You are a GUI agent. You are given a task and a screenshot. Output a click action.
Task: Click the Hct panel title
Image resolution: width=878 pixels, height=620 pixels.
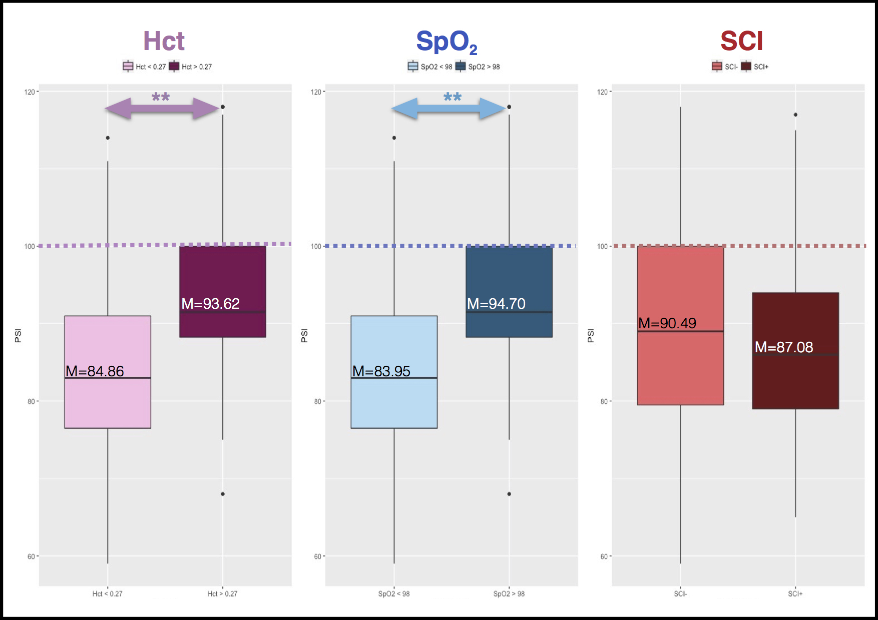(x=164, y=41)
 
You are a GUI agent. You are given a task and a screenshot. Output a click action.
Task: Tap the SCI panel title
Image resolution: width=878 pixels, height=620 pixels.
(x=741, y=41)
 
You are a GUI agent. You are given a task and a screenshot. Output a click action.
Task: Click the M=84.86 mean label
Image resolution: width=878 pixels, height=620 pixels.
(x=95, y=371)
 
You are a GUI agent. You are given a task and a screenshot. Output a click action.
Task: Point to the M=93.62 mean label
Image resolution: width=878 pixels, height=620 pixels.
(x=210, y=304)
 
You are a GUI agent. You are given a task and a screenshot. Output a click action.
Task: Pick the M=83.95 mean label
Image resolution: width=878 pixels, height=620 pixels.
(x=381, y=371)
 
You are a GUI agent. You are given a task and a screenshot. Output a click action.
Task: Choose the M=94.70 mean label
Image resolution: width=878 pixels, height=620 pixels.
(x=496, y=304)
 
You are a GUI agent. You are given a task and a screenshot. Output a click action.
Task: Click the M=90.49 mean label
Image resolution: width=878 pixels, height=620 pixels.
(x=667, y=323)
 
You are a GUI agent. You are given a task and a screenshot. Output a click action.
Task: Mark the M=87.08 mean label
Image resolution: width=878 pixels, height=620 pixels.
(x=784, y=347)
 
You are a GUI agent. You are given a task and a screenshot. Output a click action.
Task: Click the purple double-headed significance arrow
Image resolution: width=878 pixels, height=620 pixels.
(x=162, y=109)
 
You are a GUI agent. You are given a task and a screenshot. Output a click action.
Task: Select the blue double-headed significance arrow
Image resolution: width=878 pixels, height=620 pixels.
(x=449, y=109)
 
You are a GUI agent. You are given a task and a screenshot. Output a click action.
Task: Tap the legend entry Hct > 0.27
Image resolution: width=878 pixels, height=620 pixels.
(x=191, y=67)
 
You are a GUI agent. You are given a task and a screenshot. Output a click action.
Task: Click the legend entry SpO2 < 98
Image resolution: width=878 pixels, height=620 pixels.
(x=430, y=67)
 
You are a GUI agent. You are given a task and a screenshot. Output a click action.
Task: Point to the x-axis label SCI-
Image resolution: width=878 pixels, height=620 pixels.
(x=680, y=594)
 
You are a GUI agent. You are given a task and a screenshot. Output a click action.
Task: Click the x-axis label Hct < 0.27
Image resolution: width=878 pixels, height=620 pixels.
(x=107, y=594)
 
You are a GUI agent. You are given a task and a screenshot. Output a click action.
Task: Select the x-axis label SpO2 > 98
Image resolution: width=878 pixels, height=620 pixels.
(x=509, y=594)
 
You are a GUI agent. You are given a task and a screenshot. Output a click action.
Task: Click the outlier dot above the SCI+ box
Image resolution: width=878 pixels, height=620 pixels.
(x=795, y=115)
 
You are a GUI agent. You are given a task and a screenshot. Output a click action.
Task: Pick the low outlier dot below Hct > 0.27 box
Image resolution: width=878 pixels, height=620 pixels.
(x=223, y=494)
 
